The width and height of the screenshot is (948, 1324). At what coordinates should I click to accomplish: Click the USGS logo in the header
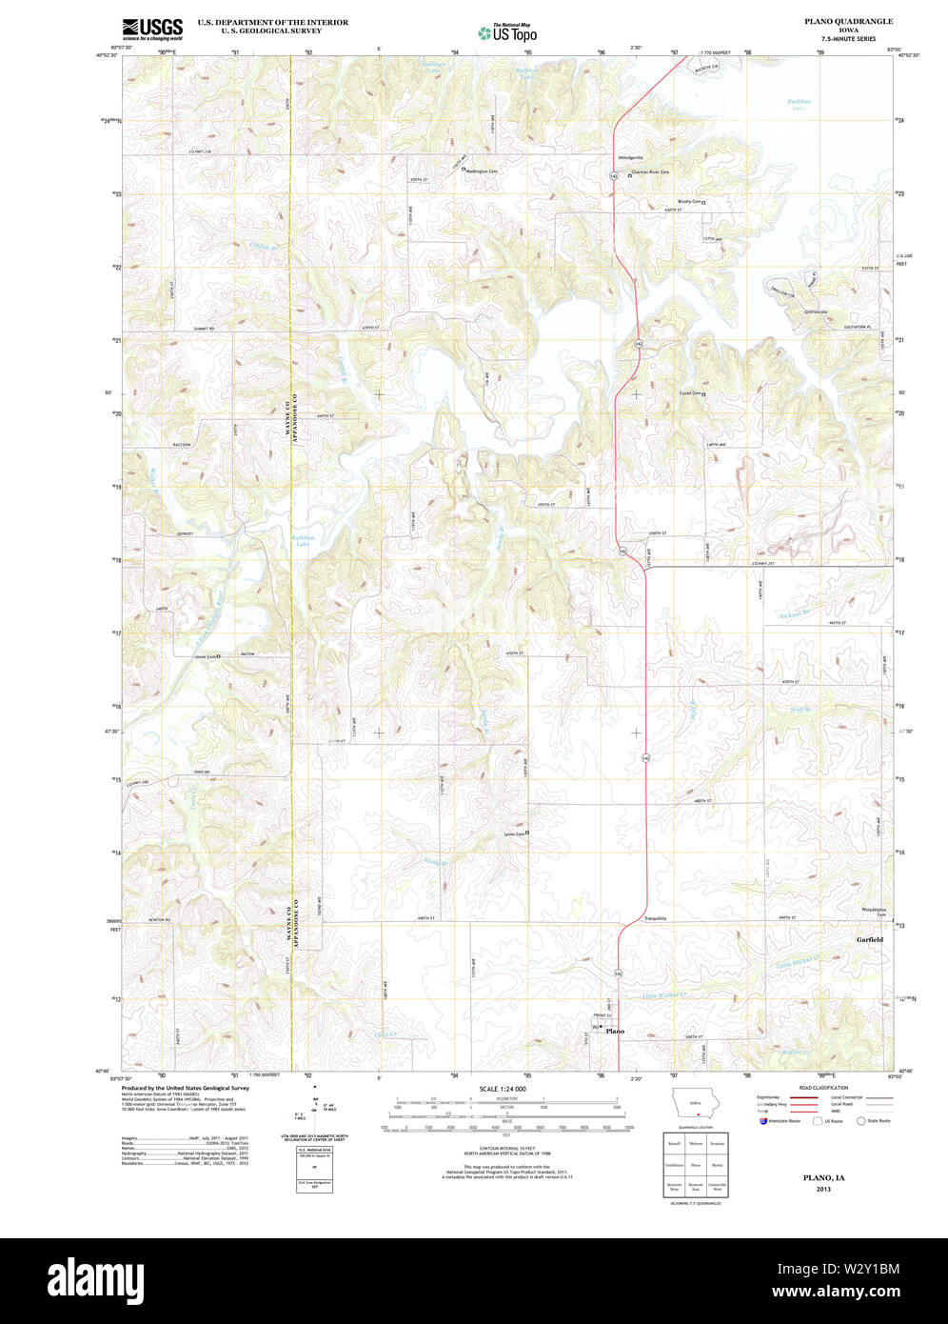coord(152,28)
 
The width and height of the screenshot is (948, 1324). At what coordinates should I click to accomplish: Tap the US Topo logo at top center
coord(507,32)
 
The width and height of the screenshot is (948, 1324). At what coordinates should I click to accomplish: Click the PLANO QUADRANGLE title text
coord(848,21)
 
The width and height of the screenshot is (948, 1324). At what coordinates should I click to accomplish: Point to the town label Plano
coord(615,1032)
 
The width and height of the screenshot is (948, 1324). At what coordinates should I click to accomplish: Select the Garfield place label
coord(869,939)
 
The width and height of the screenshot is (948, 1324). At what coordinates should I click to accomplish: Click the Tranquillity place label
coord(655,918)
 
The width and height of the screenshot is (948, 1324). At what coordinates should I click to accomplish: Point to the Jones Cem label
coord(206,656)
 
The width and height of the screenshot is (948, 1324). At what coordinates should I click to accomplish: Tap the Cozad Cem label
coord(689,393)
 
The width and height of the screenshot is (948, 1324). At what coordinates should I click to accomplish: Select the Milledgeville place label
coord(631,157)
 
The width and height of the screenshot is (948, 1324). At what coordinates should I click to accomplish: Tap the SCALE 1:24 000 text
coord(502,1088)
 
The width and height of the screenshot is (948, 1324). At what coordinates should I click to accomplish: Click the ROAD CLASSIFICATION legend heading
coord(823,1088)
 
